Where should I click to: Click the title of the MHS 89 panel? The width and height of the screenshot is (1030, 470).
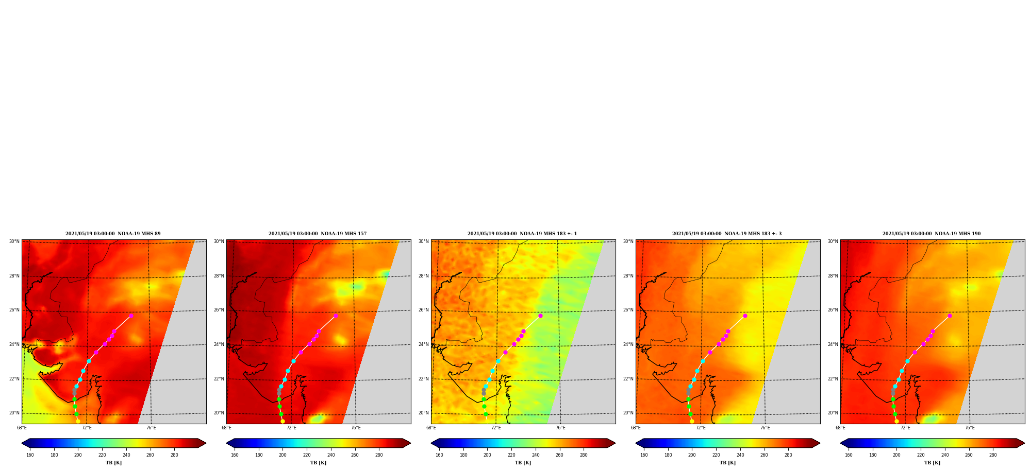(x=113, y=234)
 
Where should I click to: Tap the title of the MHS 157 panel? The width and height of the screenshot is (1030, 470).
(x=318, y=234)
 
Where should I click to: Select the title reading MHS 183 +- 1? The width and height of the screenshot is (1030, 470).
(x=522, y=234)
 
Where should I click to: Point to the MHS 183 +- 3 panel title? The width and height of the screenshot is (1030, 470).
(x=727, y=234)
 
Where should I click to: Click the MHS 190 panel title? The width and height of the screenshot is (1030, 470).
(x=932, y=234)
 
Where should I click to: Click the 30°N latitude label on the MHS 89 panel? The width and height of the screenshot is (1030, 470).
(x=14, y=241)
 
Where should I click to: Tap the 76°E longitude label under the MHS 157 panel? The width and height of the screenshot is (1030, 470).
(x=356, y=428)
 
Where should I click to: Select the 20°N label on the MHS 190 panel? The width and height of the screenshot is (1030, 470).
(x=833, y=413)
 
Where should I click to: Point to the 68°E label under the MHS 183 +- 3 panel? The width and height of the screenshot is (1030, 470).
(x=636, y=428)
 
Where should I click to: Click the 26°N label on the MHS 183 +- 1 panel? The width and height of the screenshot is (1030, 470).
(x=423, y=310)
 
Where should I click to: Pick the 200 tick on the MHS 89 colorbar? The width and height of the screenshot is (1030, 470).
(x=78, y=455)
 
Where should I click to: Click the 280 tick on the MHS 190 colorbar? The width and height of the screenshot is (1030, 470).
(x=993, y=455)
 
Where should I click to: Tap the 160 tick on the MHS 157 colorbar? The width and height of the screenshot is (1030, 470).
(x=235, y=455)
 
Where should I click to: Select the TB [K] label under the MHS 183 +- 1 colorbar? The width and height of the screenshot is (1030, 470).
(x=523, y=463)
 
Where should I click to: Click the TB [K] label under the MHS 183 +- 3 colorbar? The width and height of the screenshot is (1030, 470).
(x=727, y=463)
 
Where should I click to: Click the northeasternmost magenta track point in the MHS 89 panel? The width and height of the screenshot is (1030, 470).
(x=131, y=316)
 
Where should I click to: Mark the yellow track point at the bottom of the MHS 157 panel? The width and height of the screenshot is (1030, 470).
(x=283, y=421)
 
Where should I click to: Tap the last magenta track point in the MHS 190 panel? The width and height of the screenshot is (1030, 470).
(x=950, y=316)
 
